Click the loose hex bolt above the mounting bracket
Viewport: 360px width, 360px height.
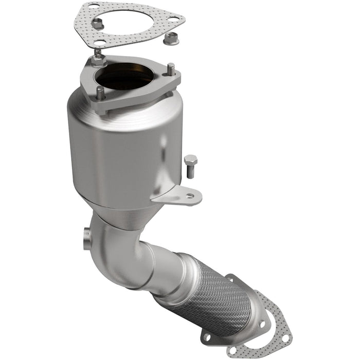coord(191,166)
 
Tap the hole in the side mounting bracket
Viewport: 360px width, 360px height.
coord(190,196)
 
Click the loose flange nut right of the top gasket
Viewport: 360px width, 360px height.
coord(170,38)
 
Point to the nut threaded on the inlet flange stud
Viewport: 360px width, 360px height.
coord(98,61)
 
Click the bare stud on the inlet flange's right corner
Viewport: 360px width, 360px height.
coord(171,71)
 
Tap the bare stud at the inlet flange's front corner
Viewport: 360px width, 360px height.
coord(101,94)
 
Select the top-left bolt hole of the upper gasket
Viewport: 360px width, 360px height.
coord(94,7)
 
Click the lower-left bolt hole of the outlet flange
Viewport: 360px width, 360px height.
coord(208,337)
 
